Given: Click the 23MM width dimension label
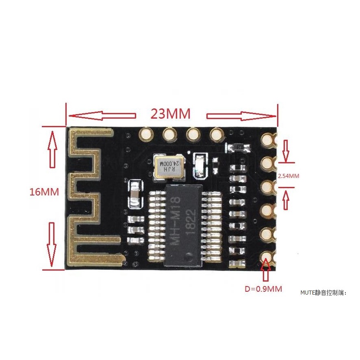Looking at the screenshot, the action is coord(170,114).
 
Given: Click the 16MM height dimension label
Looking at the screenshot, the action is coord(44,191).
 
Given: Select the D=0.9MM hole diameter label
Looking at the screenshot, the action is coord(263,289).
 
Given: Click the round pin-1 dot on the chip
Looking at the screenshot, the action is coord(189,256).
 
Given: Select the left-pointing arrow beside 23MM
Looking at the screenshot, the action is coord(102,116).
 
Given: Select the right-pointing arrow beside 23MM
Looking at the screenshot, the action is coord(241,116).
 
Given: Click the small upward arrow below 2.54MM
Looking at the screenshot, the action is coord(286,199).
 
